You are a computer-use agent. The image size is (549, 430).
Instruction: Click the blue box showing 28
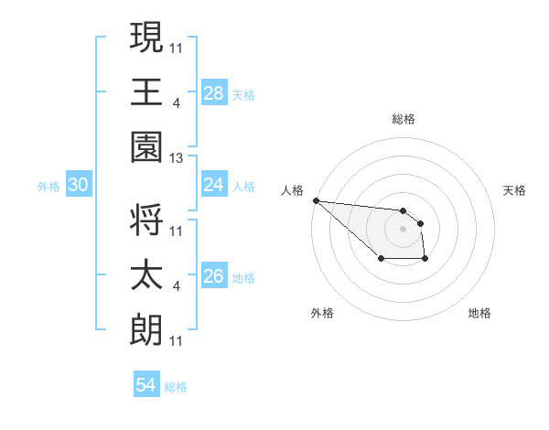[x=214, y=92]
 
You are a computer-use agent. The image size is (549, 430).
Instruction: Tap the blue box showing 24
[x=214, y=185]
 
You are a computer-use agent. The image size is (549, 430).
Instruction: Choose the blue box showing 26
[x=214, y=276]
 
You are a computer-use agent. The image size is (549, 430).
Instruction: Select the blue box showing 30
[x=79, y=185]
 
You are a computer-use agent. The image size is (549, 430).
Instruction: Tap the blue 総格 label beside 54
[x=176, y=387]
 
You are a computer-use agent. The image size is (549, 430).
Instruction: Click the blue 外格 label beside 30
[x=48, y=187]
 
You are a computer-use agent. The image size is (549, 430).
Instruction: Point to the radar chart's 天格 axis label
[x=515, y=190]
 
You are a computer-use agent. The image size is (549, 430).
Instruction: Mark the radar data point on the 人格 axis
[x=315, y=200]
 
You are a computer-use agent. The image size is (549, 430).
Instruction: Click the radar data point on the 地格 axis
[x=425, y=260]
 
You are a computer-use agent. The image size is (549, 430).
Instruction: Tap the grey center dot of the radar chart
[x=403, y=229]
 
